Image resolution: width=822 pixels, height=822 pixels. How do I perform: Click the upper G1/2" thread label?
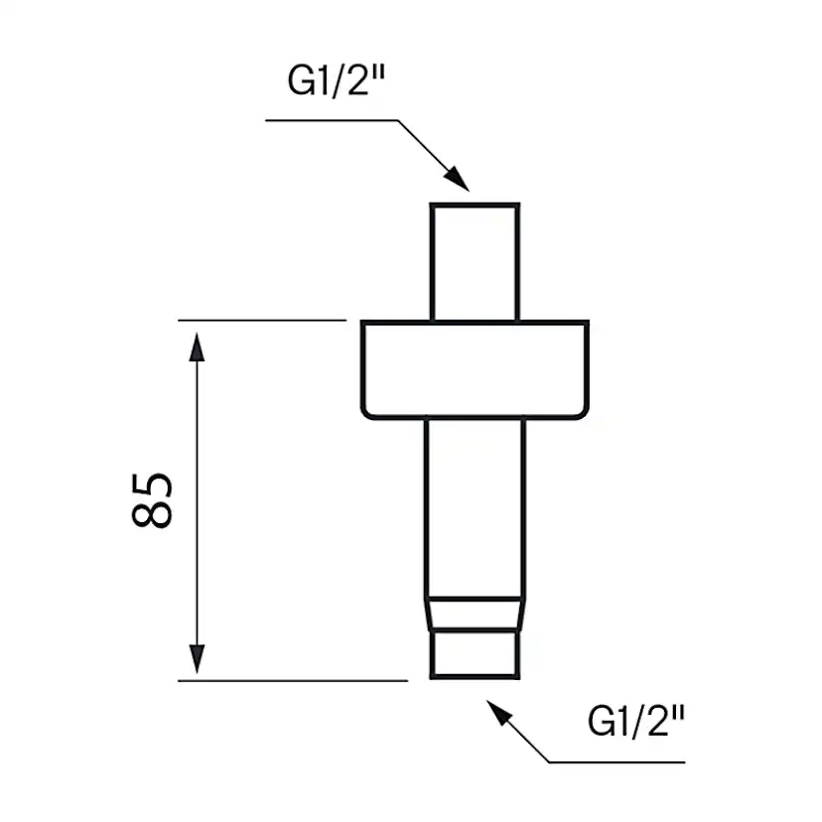[x=337, y=82]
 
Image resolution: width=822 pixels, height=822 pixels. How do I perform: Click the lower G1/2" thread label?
[x=636, y=722]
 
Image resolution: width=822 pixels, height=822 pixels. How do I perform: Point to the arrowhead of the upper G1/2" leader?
[x=458, y=180]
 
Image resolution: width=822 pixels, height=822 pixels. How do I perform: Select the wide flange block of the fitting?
[x=475, y=367]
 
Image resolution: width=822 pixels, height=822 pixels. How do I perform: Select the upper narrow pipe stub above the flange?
[x=475, y=262]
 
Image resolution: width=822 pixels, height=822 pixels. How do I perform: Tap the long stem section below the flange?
[x=475, y=506]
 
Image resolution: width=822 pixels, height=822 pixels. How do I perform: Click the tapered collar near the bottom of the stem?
[x=475, y=616]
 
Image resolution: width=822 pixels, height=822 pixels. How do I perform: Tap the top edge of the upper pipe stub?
[x=475, y=205]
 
